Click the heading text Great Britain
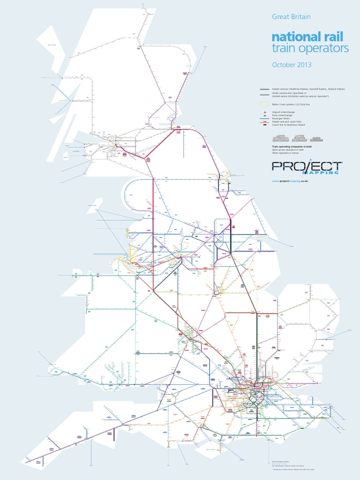(291, 16)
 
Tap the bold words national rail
(310, 37)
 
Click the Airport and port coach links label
(286, 122)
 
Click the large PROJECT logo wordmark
(307, 166)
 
